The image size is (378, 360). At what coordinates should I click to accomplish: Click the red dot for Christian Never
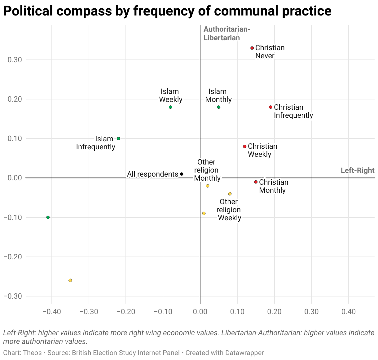pyautogui.click(x=252, y=48)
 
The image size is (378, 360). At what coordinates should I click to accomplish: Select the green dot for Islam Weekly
pyautogui.click(x=170, y=107)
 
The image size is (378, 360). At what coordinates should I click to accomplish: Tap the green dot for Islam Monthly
pyautogui.click(x=219, y=107)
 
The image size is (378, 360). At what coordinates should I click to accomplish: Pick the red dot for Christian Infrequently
pyautogui.click(x=270, y=107)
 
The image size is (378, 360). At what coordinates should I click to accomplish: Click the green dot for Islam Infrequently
pyautogui.click(x=118, y=139)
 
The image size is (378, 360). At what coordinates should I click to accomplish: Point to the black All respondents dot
pyautogui.click(x=182, y=174)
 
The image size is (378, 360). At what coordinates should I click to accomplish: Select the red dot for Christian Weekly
pyautogui.click(x=244, y=147)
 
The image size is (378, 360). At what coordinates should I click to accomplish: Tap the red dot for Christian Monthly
pyautogui.click(x=256, y=182)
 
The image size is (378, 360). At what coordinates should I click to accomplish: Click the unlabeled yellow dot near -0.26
pyautogui.click(x=70, y=280)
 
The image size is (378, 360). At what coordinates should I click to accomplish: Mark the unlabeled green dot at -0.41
pyautogui.click(x=48, y=217)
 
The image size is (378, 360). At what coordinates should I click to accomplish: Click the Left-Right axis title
pyautogui.click(x=357, y=170)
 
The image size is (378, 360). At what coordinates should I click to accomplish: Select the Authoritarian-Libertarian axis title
pyautogui.click(x=226, y=33)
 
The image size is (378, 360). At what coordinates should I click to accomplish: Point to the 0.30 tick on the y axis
pyautogui.click(x=15, y=60)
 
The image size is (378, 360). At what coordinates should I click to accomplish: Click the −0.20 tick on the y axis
pyautogui.click(x=13, y=257)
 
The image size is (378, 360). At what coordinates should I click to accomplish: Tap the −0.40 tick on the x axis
pyautogui.click(x=51, y=311)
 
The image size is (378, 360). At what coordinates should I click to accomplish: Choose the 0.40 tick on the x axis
pyautogui.click(x=349, y=311)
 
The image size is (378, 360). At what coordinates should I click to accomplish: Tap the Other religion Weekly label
pyautogui.click(x=229, y=210)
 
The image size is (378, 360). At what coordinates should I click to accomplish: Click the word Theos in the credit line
pyautogui.click(x=32, y=353)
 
